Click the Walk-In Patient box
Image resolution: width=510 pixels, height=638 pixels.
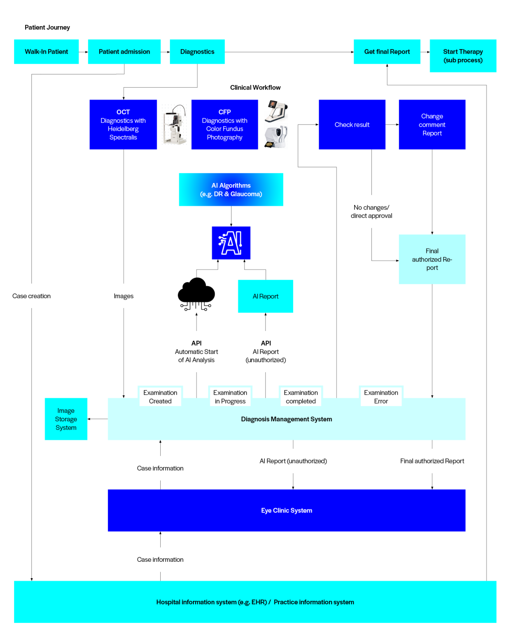pos(46,52)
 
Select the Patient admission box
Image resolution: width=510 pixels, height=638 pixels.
pos(124,52)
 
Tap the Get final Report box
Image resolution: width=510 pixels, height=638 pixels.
pos(387,52)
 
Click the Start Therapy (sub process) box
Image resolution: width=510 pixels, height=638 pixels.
pos(463,56)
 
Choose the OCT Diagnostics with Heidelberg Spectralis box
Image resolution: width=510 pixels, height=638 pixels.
pos(123,124)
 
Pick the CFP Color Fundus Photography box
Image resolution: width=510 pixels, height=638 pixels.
pos(224,124)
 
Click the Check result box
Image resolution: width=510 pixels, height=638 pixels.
pos(352,124)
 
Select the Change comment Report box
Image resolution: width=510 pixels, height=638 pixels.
pos(432,124)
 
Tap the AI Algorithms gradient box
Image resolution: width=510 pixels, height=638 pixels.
pos(231,190)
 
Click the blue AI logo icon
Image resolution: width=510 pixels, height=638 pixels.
pos(231,243)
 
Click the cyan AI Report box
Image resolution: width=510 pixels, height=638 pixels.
pos(266,296)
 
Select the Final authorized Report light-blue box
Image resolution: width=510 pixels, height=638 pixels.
pos(432,259)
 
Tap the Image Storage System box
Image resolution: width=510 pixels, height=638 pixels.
pos(66,419)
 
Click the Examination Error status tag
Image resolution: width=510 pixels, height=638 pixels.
pos(381,397)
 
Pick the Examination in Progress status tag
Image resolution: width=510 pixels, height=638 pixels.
pos(230,397)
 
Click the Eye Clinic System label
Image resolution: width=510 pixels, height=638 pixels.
pos(286,510)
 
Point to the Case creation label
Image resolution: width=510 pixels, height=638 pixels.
pos(31,296)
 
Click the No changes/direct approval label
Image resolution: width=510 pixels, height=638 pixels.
pos(371,211)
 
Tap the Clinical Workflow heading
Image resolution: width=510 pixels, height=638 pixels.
pos(255,88)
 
